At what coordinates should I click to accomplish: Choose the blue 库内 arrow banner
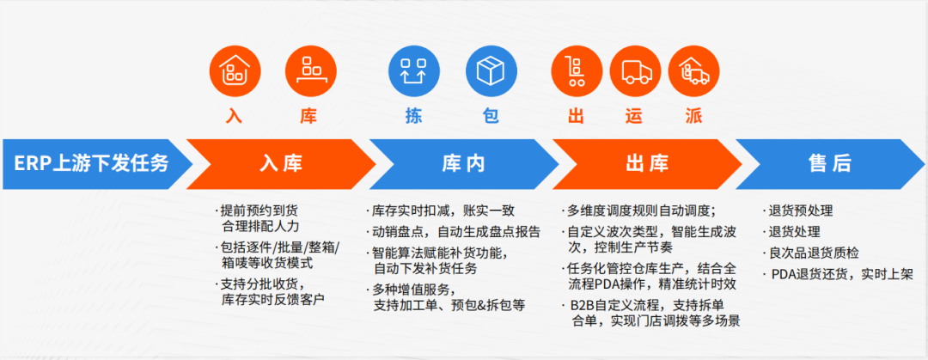tap(464, 163)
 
